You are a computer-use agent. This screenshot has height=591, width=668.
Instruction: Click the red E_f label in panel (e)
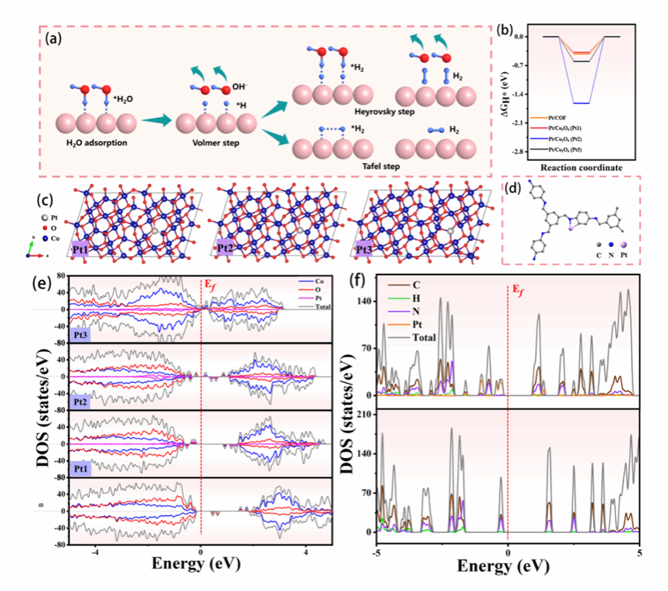pos(211,285)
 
